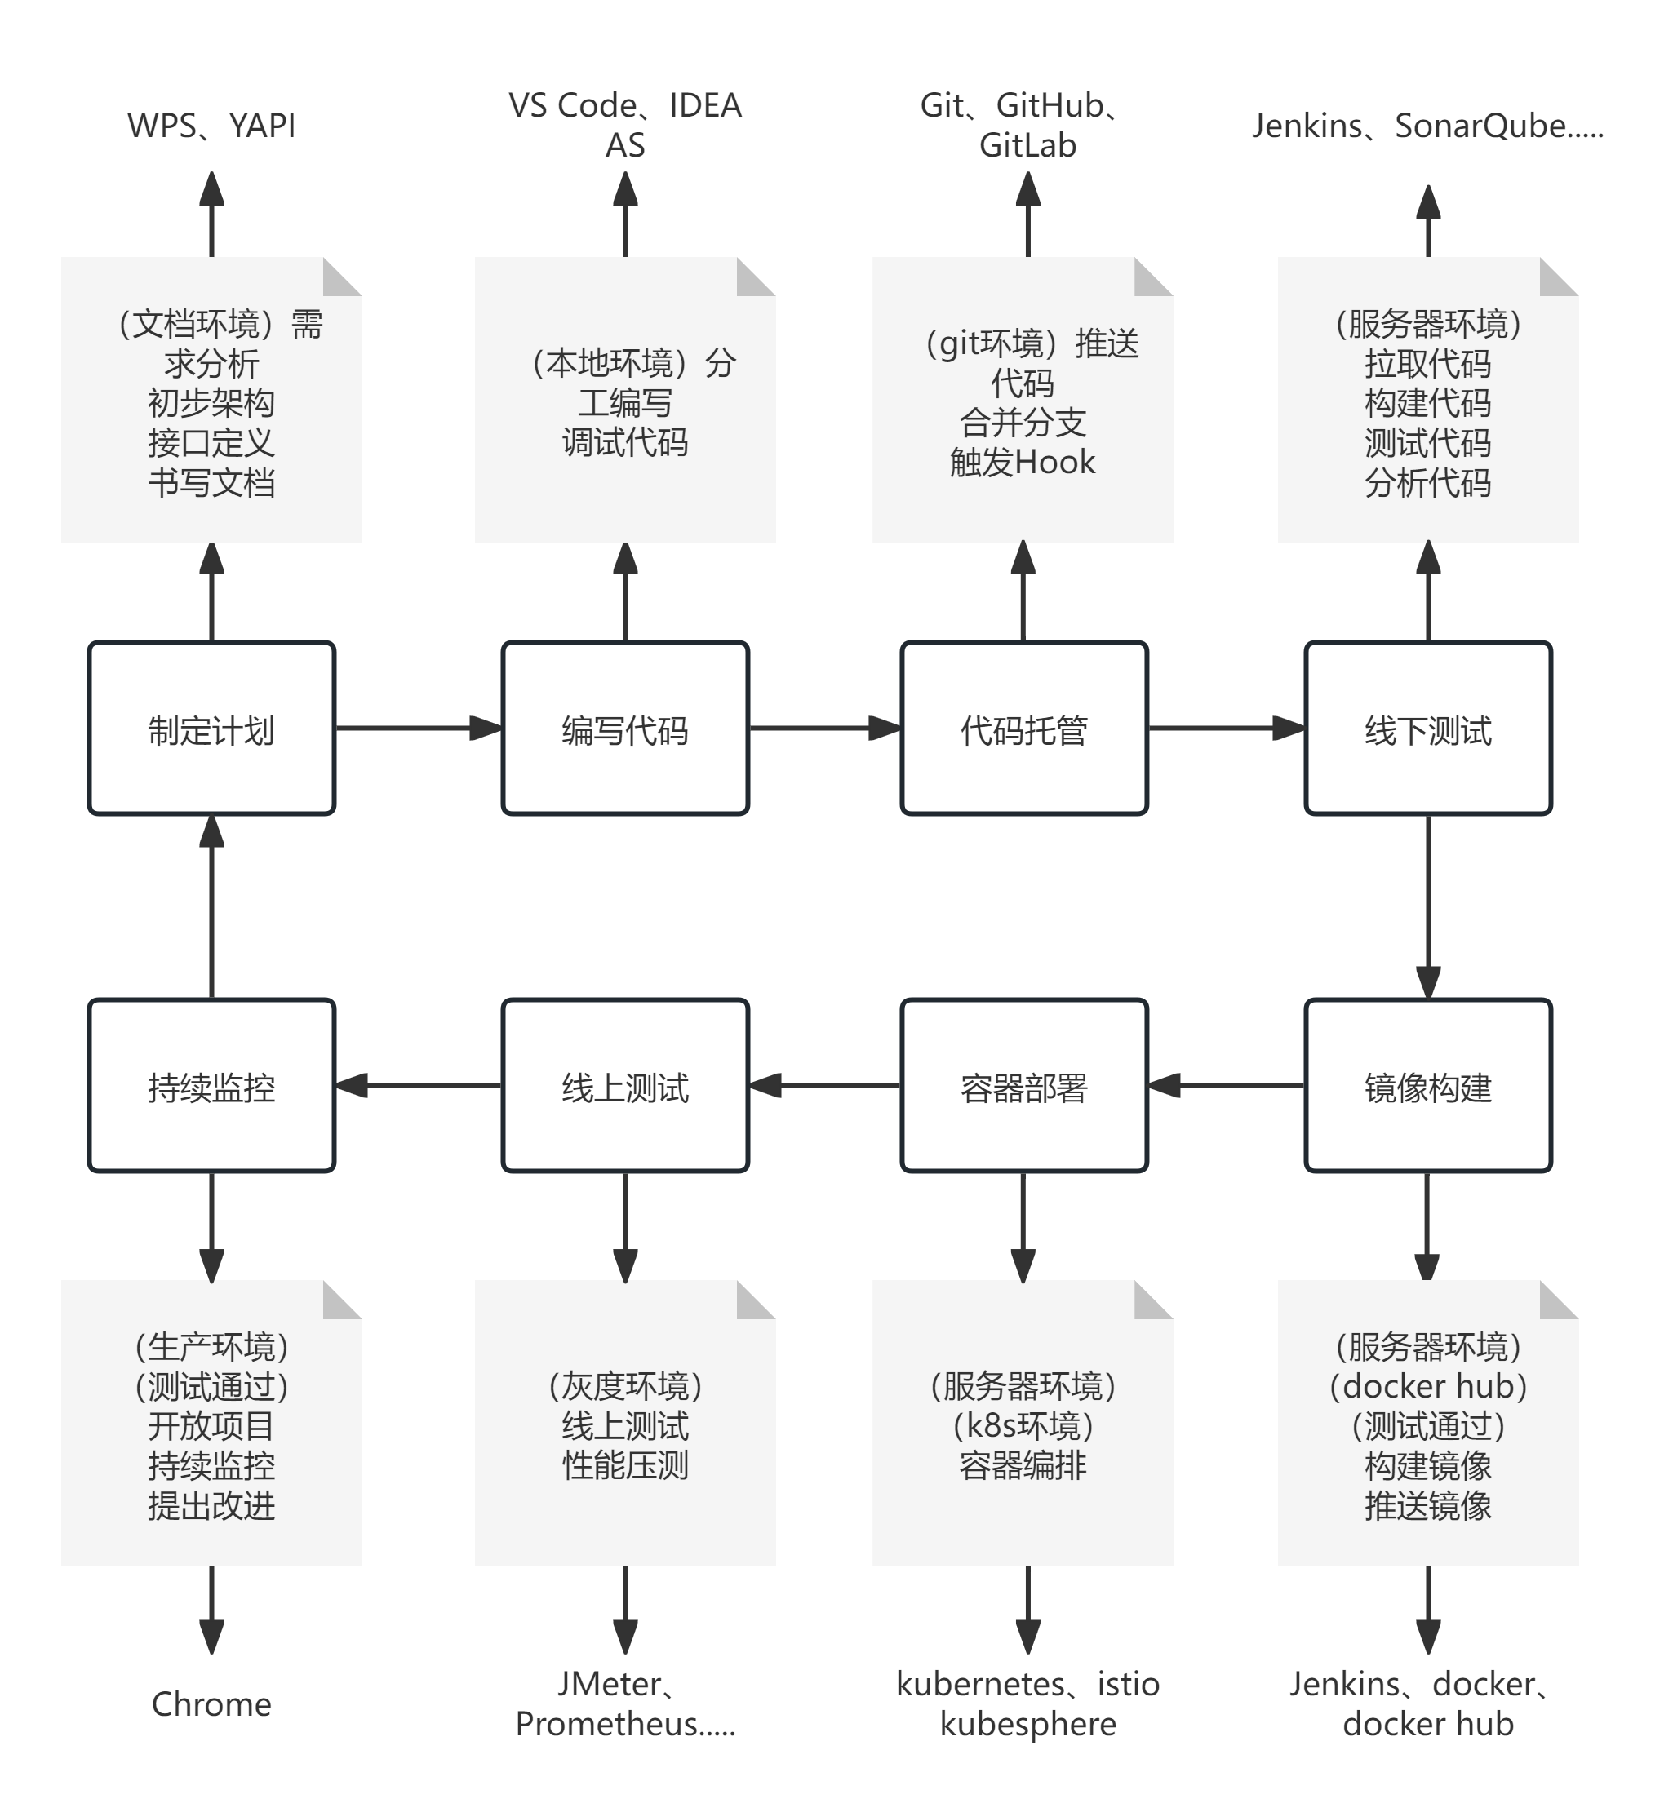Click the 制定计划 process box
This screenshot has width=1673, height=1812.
211,729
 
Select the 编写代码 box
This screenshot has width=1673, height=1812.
624,729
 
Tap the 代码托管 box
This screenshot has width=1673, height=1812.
1023,729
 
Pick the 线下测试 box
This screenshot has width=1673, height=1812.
1427,729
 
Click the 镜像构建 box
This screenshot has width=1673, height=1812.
1427,1085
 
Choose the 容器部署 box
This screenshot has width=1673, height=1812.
1023,1085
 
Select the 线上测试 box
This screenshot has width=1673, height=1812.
624,1085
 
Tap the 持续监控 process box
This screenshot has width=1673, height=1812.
211,1085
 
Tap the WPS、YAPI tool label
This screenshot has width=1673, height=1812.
211,126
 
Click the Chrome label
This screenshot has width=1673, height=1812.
211,1704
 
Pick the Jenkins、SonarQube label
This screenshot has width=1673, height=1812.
1427,126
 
